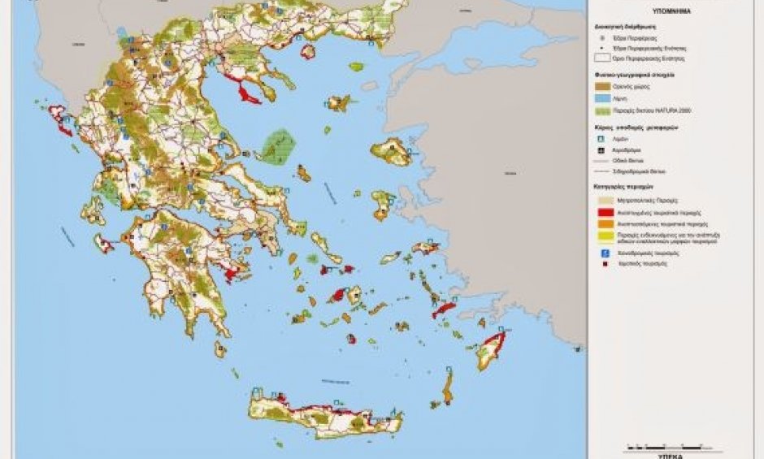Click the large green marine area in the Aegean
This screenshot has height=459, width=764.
point(276,145)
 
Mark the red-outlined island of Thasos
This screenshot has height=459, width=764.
point(308,52)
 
